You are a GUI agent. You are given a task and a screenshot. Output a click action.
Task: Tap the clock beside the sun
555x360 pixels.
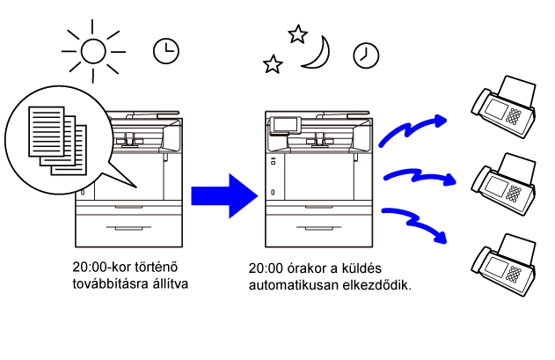click(x=164, y=51)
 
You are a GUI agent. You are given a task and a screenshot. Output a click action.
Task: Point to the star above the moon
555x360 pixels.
click(x=297, y=34)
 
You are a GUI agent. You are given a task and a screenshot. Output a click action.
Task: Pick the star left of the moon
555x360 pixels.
click(x=274, y=64)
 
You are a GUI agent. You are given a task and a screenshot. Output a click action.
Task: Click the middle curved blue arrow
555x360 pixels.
click(x=418, y=177)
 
